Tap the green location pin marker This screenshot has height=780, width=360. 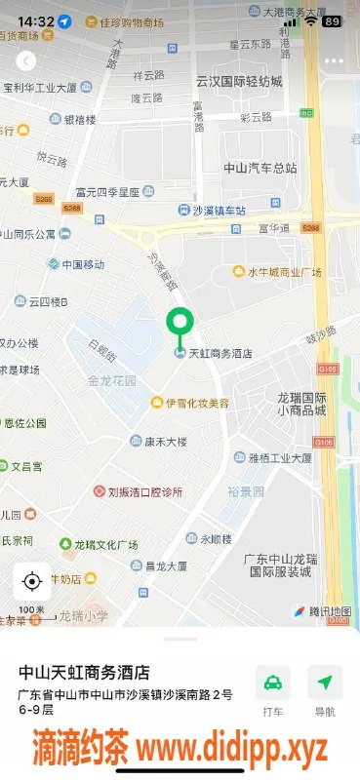[x=179, y=323]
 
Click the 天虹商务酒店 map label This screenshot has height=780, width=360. [x=219, y=353]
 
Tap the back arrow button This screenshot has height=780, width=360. [x=26, y=60]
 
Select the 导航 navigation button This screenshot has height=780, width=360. [x=324, y=690]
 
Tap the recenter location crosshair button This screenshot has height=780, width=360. [x=31, y=582]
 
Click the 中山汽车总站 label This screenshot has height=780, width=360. [x=260, y=167]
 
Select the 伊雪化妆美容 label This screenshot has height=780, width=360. [x=196, y=403]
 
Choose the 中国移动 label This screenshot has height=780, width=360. [x=82, y=264]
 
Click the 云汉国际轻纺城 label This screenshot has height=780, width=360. [x=238, y=81]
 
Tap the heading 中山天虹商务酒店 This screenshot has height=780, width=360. [x=85, y=672]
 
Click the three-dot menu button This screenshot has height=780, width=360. [x=334, y=60]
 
